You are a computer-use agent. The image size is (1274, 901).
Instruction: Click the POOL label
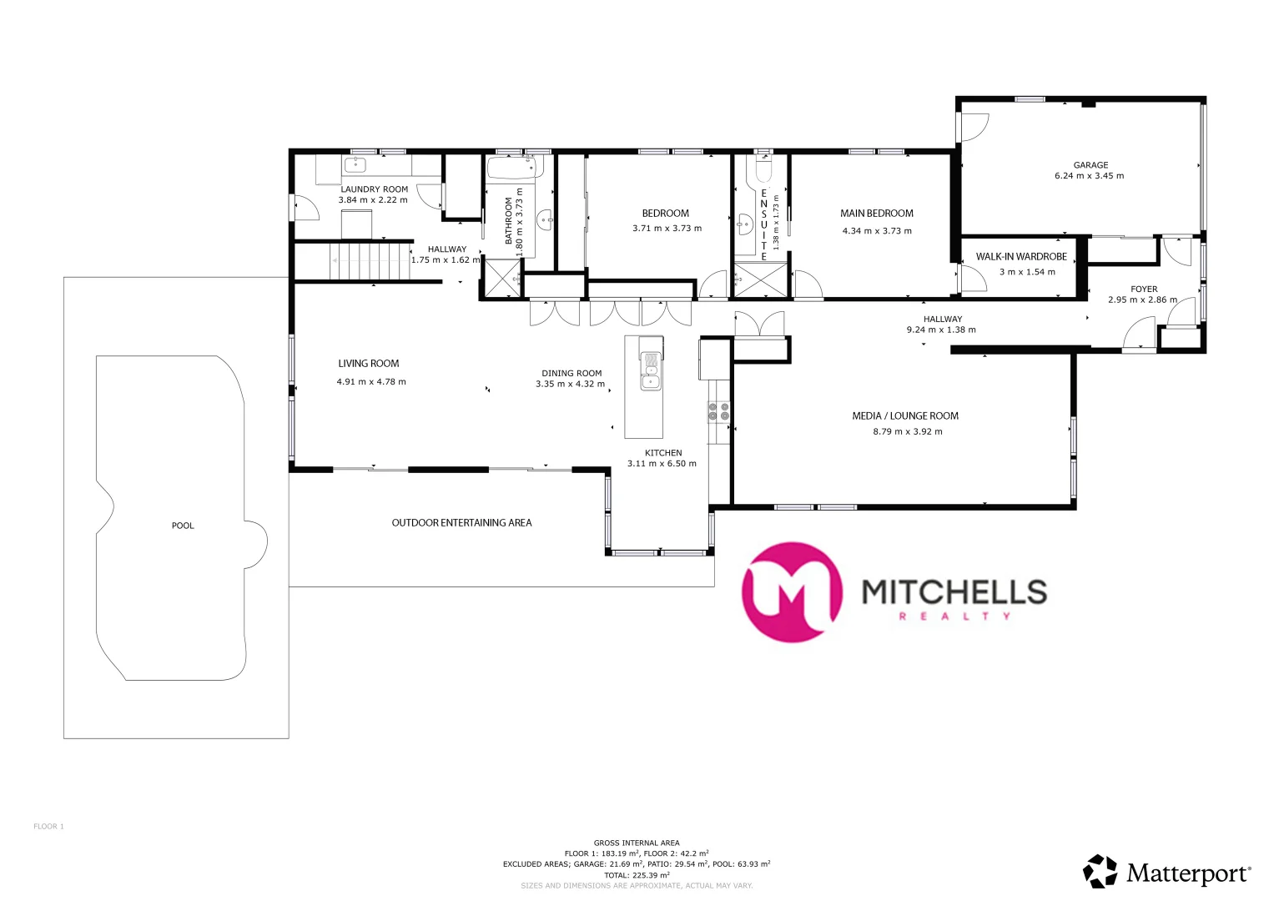pyautogui.click(x=183, y=526)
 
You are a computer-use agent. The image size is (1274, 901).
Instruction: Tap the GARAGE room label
pyautogui.click(x=1090, y=165)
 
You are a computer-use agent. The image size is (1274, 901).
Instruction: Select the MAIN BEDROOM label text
pyautogui.click(x=876, y=214)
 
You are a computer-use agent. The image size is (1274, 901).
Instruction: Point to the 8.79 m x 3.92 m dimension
pyautogui.click(x=907, y=432)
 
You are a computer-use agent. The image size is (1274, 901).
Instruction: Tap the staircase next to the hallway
pyautogui.click(x=370, y=260)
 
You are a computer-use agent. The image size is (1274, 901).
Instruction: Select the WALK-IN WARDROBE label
pyautogui.click(x=1021, y=257)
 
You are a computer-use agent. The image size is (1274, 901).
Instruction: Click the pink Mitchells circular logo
pyautogui.click(x=791, y=591)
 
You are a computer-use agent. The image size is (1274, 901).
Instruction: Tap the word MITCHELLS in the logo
pyautogui.click(x=954, y=591)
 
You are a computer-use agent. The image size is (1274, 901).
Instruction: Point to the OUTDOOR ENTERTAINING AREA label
pyautogui.click(x=461, y=523)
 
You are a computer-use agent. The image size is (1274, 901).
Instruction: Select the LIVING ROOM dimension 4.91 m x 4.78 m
pyautogui.click(x=371, y=382)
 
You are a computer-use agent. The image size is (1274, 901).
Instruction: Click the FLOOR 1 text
pyautogui.click(x=48, y=827)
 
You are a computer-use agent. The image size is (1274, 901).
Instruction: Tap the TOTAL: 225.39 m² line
pyautogui.click(x=637, y=875)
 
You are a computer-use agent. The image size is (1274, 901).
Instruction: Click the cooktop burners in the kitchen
pyautogui.click(x=718, y=410)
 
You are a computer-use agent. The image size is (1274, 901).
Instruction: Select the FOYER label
pyautogui.click(x=1144, y=289)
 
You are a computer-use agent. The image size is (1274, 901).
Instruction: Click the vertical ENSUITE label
pyautogui.click(x=763, y=224)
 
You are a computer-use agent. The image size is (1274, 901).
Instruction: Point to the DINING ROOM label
pyautogui.click(x=572, y=374)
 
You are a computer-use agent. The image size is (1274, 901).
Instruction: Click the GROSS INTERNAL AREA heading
pyautogui.click(x=637, y=843)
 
